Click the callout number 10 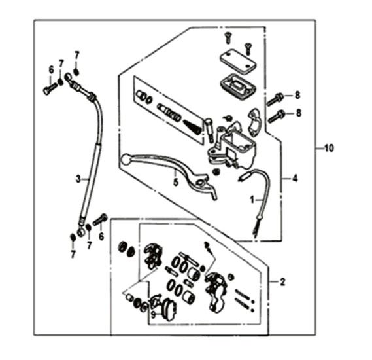pyautogui.click(x=330, y=148)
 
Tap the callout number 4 pyautogui.click(x=295, y=178)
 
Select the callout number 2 pyautogui.click(x=282, y=282)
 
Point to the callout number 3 pyautogui.click(x=78, y=179)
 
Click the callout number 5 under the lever pyautogui.click(x=176, y=182)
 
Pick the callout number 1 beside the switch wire pyautogui.click(x=252, y=200)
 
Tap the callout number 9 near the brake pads pyautogui.click(x=153, y=315)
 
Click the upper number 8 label pyautogui.click(x=297, y=95)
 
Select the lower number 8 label pyautogui.click(x=299, y=113)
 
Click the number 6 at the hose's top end pyautogui.click(x=51, y=70)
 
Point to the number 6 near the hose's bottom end pyautogui.click(x=101, y=236)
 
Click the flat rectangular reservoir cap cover pyautogui.click(x=238, y=61)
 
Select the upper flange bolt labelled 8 pyautogui.click(x=275, y=99)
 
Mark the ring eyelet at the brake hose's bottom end pyautogui.click(x=81, y=232)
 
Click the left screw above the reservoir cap pyautogui.click(x=228, y=38)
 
